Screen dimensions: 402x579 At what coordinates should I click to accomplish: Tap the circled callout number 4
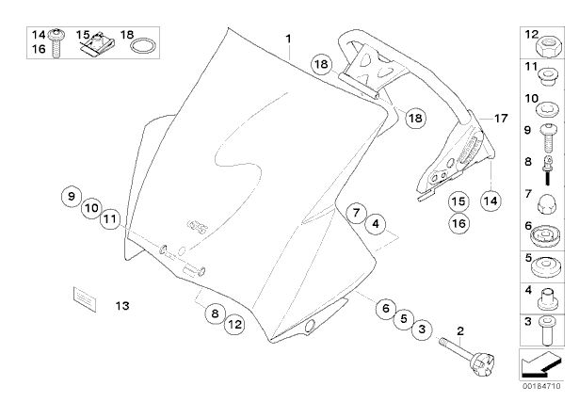point(375,224)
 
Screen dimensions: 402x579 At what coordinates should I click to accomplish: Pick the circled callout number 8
point(214,313)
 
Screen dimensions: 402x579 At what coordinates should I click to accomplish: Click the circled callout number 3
point(422,329)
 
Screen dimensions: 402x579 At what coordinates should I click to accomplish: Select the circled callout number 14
point(490,200)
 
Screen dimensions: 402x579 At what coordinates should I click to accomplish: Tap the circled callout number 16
point(458,223)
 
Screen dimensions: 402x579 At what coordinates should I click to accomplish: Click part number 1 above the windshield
point(290,40)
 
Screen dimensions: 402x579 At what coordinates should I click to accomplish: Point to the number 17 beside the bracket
point(500,119)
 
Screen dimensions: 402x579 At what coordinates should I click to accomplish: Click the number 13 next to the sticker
point(122,305)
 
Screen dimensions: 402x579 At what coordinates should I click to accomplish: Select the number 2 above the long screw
point(460,330)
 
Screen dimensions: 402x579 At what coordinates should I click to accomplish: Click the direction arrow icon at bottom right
point(543,362)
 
